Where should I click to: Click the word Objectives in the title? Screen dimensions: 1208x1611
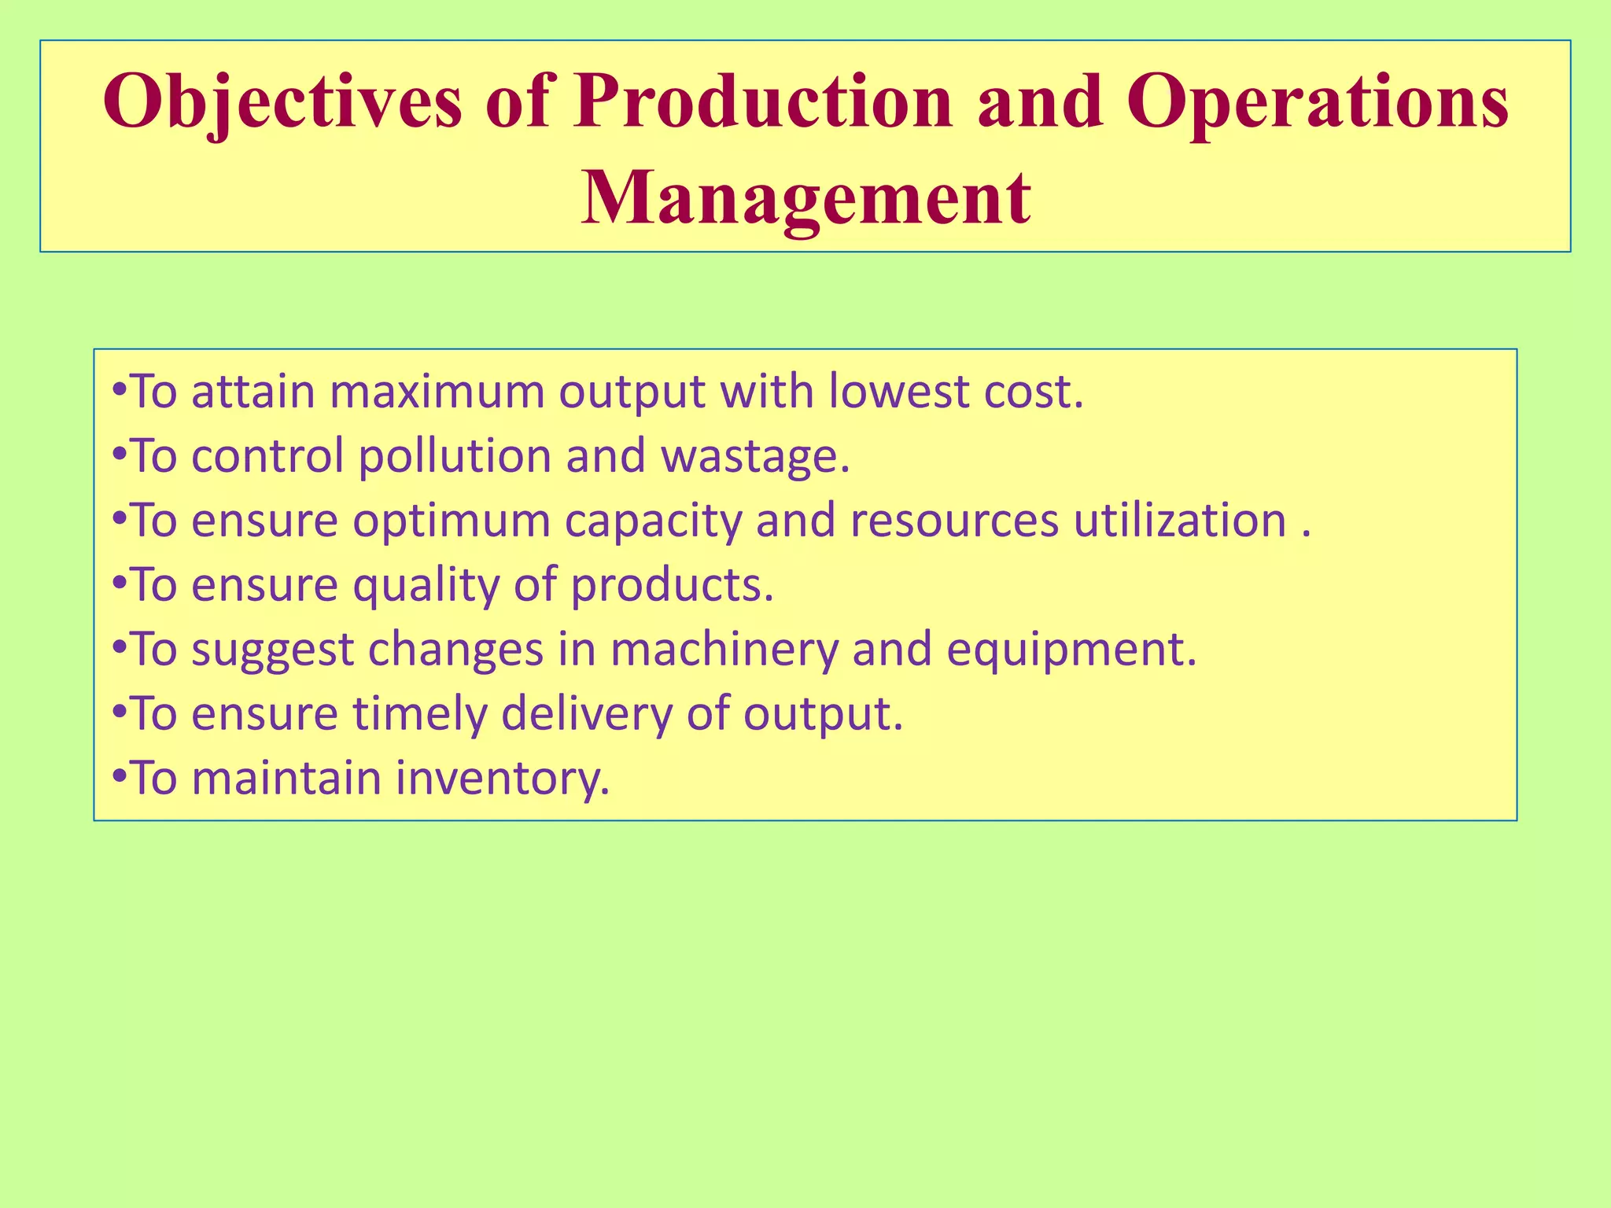coord(282,102)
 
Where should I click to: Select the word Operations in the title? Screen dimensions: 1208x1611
coord(1317,102)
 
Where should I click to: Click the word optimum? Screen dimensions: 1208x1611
coord(451,521)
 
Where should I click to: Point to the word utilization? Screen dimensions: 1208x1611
coord(1180,521)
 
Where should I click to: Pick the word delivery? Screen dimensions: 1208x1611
coord(587,715)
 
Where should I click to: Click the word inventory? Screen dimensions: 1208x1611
coord(503,779)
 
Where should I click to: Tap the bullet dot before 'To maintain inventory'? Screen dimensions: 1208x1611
coord(119,777)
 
